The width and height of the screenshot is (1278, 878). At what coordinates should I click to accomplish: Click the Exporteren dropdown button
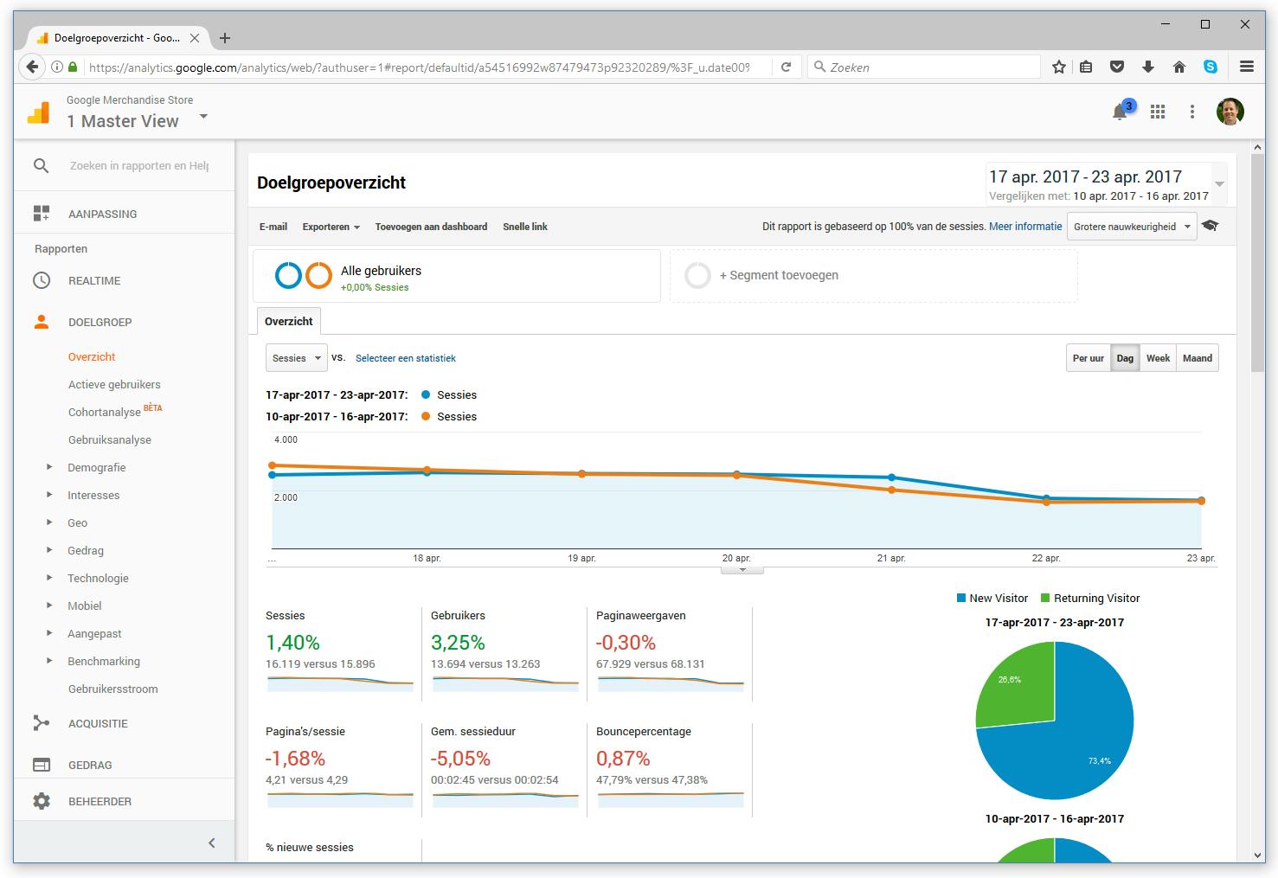[331, 227]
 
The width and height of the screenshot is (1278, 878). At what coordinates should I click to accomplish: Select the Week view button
[1158, 358]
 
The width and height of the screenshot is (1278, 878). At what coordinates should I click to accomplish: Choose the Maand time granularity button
[1197, 358]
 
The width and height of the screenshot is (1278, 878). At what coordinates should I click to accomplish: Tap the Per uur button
[1088, 358]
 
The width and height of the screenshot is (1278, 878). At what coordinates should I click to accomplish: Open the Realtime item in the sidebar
[94, 281]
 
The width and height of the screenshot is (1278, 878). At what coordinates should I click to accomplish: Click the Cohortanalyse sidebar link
[105, 413]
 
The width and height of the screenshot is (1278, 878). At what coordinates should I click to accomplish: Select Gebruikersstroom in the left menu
[112, 689]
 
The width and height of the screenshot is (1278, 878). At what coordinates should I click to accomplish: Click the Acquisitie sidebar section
[98, 724]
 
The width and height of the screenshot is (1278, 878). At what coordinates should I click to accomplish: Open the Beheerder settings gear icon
[42, 802]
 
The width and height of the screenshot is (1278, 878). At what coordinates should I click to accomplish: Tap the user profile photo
[1230, 112]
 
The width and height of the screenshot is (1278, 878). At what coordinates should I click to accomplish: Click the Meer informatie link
[1025, 227]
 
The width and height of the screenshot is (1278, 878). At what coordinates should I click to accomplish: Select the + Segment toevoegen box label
[779, 275]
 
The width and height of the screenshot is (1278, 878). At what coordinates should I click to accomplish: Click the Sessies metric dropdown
[296, 358]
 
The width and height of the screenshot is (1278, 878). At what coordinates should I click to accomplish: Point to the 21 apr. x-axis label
[891, 559]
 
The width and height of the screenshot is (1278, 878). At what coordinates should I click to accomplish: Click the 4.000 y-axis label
[286, 440]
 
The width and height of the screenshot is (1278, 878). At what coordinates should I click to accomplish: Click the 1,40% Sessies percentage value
[292, 643]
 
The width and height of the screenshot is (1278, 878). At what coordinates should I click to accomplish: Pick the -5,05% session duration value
[460, 759]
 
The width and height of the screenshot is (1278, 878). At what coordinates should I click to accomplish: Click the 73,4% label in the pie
[1099, 761]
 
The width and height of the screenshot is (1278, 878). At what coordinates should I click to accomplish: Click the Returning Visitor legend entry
[1096, 599]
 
